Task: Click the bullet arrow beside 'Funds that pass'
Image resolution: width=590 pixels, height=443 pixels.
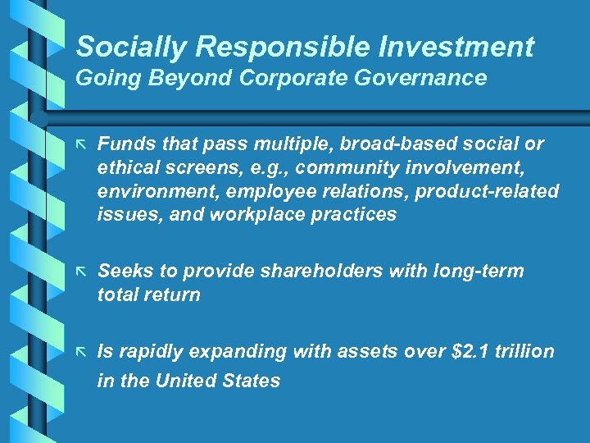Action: click(81, 144)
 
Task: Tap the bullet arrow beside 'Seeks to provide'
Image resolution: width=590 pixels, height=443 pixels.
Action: click(81, 272)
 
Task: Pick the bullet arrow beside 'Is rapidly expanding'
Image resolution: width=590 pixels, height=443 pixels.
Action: click(81, 352)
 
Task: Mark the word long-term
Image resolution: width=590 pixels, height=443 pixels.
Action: click(479, 272)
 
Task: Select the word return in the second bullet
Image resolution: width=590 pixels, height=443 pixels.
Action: click(173, 295)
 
